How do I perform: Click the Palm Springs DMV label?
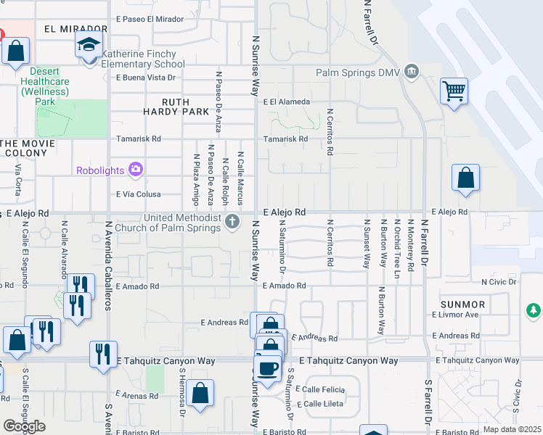[357, 72]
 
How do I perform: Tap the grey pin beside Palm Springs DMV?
[412, 71]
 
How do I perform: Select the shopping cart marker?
[454, 92]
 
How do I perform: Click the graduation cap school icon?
[89, 46]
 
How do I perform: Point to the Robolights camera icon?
[135, 170]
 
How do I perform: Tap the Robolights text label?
[101, 170]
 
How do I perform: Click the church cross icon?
[232, 221]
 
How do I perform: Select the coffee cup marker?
[268, 368]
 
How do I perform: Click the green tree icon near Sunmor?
[534, 310]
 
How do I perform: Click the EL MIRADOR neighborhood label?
[70, 30]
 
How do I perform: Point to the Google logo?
[24, 426]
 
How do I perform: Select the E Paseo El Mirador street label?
[150, 20]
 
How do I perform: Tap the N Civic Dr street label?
[499, 281]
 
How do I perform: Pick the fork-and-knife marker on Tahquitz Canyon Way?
[103, 355]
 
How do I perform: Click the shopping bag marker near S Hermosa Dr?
[200, 393]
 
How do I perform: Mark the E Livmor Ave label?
[455, 315]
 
